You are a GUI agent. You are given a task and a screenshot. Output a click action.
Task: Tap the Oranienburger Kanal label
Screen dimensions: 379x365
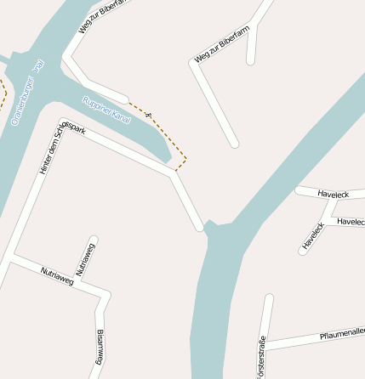(26, 92)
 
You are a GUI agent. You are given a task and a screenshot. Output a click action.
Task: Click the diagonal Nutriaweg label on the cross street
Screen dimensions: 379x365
(57, 275)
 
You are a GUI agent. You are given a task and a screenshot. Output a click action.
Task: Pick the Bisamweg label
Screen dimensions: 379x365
(99, 347)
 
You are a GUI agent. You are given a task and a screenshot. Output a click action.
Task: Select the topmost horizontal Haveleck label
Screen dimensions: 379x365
(334, 195)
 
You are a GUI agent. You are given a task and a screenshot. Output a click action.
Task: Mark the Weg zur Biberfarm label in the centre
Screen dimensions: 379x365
(222, 44)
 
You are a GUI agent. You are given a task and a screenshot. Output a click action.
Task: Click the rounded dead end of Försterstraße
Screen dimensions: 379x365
(269, 298)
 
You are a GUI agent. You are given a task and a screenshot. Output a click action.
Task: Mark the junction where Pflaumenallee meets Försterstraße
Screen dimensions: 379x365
(265, 346)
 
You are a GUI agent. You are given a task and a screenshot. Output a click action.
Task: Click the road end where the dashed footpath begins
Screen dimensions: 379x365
(127, 98)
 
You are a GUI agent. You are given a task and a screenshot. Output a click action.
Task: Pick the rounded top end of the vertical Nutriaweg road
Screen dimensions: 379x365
(94, 240)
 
